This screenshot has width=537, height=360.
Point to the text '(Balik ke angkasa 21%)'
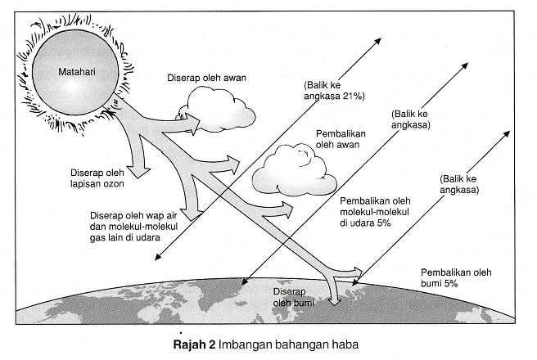[335, 90]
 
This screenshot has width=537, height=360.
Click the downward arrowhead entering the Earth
[333, 299]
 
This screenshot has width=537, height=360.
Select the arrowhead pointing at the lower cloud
[237, 169]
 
